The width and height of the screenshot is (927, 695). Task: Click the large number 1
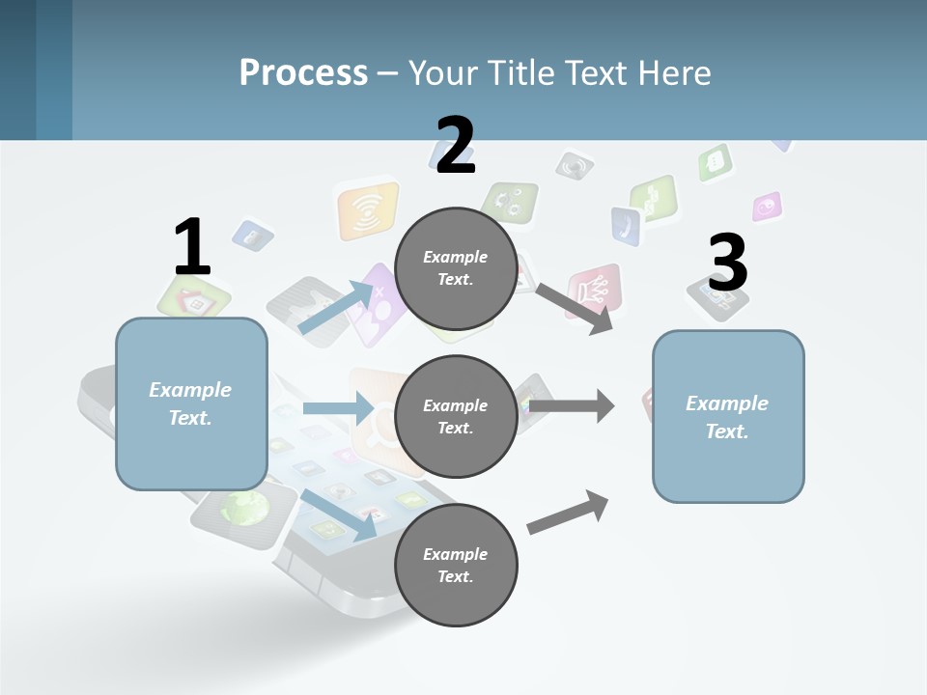coord(192,248)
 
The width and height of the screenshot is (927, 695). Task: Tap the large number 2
coord(456,146)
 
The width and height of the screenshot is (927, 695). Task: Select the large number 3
coord(728,264)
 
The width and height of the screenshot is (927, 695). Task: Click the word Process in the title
coord(303,72)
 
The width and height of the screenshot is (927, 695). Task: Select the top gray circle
coord(456,268)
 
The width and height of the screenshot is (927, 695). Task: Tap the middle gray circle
coord(456,417)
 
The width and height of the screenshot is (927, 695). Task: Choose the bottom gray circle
coord(456,566)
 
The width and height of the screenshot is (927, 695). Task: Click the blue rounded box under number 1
coord(191,403)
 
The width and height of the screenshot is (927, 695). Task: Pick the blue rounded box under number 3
coord(728,417)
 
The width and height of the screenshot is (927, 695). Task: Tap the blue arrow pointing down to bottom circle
coord(339,514)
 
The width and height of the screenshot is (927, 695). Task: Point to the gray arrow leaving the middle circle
coord(572,405)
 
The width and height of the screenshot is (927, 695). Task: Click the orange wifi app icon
coord(367,210)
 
